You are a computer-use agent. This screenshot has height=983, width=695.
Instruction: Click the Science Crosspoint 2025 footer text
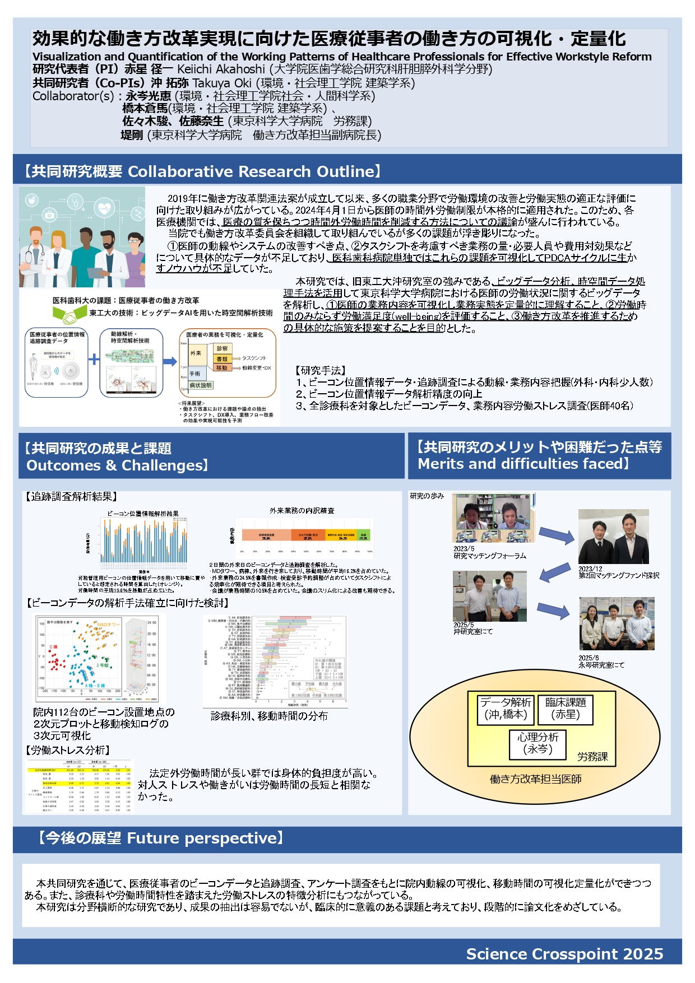tap(564, 954)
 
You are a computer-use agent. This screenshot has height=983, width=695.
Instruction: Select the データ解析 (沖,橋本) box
tap(506, 709)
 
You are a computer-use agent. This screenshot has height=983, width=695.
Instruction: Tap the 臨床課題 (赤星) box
tap(566, 709)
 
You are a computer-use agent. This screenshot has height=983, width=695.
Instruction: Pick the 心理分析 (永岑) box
tap(538, 743)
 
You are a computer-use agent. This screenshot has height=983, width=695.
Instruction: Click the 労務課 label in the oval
tap(592, 757)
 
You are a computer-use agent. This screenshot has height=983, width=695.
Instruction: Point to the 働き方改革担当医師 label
tap(535, 779)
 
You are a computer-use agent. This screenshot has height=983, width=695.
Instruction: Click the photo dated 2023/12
tap(613, 536)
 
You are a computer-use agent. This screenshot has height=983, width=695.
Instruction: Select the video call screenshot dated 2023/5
tap(493, 518)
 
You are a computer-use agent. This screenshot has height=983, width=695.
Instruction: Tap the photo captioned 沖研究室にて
tap(489, 596)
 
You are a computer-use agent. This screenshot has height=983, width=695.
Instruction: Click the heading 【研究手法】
tap(320, 370)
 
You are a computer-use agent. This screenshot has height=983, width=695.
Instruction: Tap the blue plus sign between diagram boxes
tap(94, 359)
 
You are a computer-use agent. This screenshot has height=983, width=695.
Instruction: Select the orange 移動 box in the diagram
tap(222, 368)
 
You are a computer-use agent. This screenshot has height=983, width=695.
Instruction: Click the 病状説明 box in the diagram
tap(201, 385)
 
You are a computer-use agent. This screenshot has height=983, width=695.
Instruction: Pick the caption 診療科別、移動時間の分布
tap(269, 716)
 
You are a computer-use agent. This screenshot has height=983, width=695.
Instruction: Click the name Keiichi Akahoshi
tap(221, 69)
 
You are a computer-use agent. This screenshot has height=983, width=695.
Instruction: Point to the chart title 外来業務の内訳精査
tap(302, 511)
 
